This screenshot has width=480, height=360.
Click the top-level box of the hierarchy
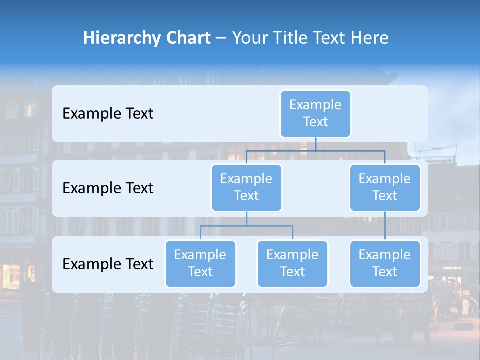pos(315,114)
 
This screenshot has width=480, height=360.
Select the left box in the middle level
pos(246,188)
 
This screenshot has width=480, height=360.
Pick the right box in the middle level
pos(385,188)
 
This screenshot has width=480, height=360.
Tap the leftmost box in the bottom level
pos(200,264)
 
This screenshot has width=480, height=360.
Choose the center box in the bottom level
pos(292,264)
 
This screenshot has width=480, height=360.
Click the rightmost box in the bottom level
pos(385,264)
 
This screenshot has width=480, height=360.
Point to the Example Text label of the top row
pos(108,114)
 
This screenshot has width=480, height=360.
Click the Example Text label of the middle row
pos(108,188)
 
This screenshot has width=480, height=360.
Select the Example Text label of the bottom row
pos(108,264)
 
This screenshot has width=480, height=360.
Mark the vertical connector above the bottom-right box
pos(385,226)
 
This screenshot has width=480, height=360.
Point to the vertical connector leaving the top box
pos(315,144)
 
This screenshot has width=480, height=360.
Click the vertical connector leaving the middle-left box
pos(246,218)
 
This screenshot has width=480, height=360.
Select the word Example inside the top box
pos(315,105)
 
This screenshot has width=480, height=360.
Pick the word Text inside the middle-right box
pos(385,196)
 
